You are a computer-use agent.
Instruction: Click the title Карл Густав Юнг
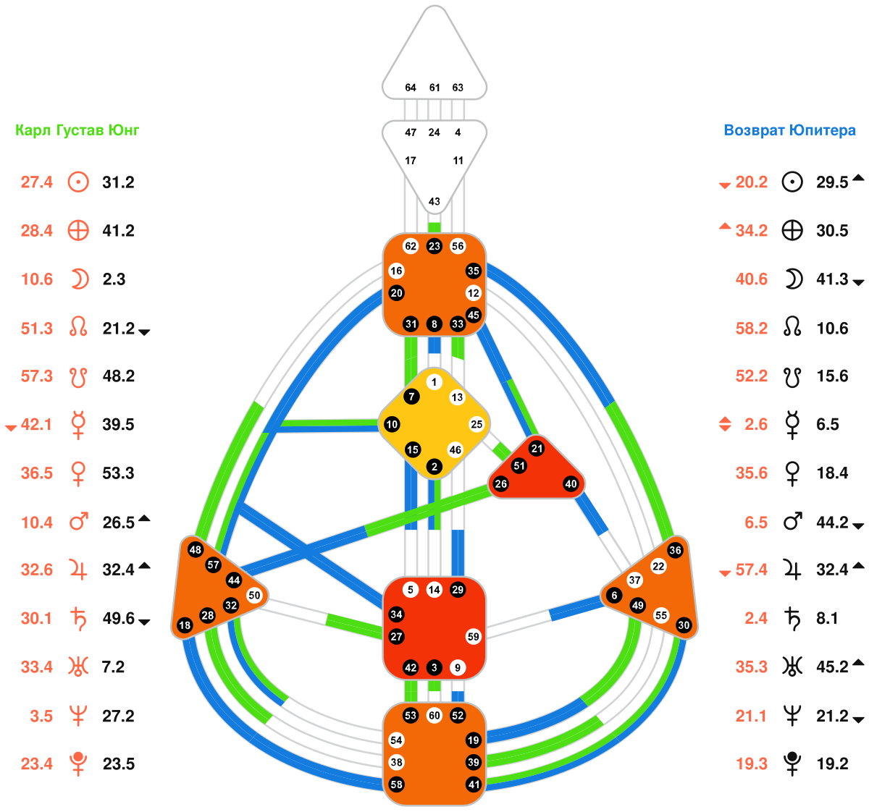77,130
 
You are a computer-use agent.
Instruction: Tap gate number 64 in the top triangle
410,88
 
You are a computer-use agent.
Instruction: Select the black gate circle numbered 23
434,246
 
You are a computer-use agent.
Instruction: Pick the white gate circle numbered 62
411,246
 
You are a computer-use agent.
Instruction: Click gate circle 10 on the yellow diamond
392,424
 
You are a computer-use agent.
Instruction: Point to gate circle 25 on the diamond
477,424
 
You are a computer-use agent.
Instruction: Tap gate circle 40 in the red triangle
571,483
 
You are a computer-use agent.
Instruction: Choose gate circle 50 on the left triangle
253,595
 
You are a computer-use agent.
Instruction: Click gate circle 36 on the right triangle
675,550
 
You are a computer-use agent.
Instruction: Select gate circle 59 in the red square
473,636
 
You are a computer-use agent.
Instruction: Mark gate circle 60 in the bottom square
434,715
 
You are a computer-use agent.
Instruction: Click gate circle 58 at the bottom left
396,784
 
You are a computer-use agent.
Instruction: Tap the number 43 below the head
434,201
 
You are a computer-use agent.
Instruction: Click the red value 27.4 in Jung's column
37,182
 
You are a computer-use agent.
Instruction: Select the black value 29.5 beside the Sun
832,182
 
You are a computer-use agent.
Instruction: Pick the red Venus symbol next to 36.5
78,474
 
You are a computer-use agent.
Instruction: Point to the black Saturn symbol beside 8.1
792,618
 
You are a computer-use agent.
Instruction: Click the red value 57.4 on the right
751,570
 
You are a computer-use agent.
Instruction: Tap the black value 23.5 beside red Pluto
119,764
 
